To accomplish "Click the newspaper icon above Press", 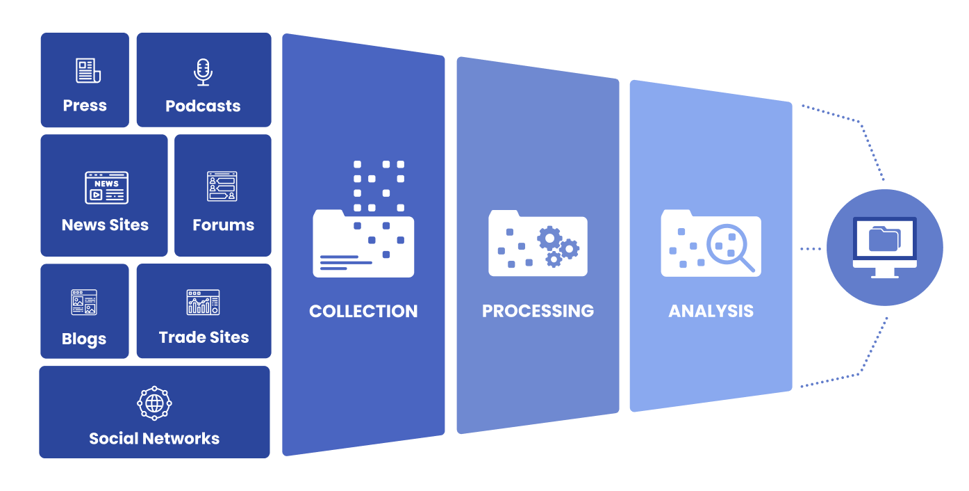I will (88, 71).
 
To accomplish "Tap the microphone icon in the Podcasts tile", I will (203, 72).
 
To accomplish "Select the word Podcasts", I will (203, 106).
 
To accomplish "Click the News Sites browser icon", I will (106, 188).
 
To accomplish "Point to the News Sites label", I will (105, 225).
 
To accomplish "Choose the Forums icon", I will (222, 187).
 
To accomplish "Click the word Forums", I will (223, 225).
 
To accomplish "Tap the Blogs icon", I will (84, 303).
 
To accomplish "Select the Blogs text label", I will (84, 339).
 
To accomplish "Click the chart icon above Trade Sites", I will (203, 303).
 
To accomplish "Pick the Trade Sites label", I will (204, 338).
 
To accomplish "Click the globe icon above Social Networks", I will (154, 403).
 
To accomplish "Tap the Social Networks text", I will (154, 439).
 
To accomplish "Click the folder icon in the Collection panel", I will (363, 243).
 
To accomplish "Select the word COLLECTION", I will (363, 311).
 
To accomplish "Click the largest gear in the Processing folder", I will (549, 239).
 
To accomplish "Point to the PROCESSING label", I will (538, 311).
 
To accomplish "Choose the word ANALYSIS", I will (711, 311).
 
